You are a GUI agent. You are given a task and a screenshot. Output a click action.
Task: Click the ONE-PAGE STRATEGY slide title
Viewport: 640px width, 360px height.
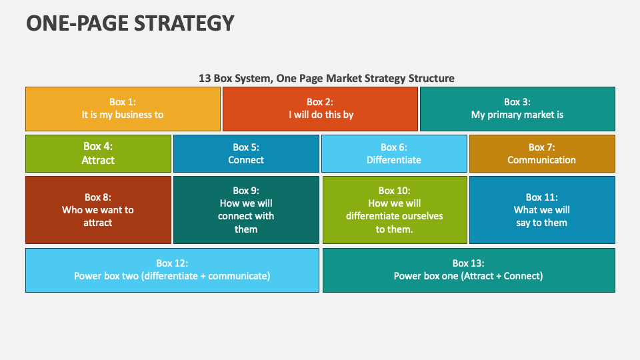click(130, 23)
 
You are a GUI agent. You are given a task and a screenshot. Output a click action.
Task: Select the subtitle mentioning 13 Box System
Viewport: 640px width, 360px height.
click(327, 79)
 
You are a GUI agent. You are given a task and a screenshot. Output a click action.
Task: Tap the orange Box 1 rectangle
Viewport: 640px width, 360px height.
click(123, 109)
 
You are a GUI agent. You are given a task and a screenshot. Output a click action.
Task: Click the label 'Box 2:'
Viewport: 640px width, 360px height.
click(320, 102)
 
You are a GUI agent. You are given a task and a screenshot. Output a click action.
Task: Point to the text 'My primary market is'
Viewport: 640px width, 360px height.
click(517, 115)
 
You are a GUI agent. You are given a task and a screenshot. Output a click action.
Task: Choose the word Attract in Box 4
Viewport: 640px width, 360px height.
click(98, 160)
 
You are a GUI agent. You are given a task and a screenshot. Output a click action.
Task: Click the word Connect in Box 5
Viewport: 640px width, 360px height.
click(246, 160)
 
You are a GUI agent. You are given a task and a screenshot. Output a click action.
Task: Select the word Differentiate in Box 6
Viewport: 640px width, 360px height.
click(394, 160)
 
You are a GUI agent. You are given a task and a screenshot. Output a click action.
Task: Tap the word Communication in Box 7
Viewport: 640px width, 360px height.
click(541, 160)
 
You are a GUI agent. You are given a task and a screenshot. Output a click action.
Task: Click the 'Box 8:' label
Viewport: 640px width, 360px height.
click(98, 197)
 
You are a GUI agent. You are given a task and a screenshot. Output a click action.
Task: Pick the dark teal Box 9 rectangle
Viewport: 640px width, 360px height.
click(246, 210)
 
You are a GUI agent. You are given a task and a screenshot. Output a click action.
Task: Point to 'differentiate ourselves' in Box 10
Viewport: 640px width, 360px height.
click(394, 216)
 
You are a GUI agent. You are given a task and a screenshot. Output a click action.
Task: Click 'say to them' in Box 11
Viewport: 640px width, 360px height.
click(541, 223)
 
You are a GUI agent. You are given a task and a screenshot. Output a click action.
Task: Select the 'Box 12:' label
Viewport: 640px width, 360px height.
click(172, 263)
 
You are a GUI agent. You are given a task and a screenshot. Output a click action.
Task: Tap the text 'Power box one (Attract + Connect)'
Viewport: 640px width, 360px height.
click(468, 276)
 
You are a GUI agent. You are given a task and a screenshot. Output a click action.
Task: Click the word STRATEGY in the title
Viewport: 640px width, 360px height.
click(184, 23)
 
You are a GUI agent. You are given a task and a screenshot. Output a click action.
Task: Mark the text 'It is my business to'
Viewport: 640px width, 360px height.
click(123, 115)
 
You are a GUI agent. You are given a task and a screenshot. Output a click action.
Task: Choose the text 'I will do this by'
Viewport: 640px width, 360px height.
click(321, 115)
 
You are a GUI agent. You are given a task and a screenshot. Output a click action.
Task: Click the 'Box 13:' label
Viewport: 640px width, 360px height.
click(468, 263)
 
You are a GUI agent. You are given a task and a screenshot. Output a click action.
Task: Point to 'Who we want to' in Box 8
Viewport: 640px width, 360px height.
click(98, 210)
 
